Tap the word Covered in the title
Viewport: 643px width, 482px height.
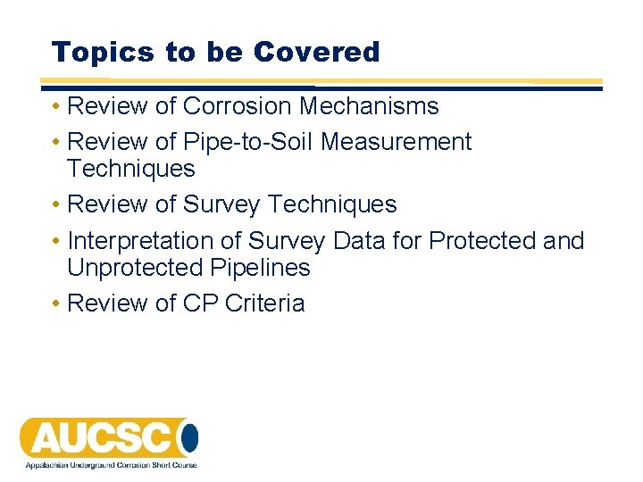coord(316,52)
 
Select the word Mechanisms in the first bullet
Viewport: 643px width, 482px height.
coord(369,106)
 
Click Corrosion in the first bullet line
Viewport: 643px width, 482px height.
coord(238,106)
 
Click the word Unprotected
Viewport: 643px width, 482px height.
coord(137,268)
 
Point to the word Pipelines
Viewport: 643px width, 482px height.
coord(261,268)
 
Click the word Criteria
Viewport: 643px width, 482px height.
coord(265,303)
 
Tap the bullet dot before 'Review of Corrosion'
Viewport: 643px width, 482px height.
coord(55,107)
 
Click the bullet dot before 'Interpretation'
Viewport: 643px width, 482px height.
coord(55,242)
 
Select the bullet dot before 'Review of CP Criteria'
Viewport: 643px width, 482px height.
coord(55,304)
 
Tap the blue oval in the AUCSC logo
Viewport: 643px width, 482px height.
coord(188,437)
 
